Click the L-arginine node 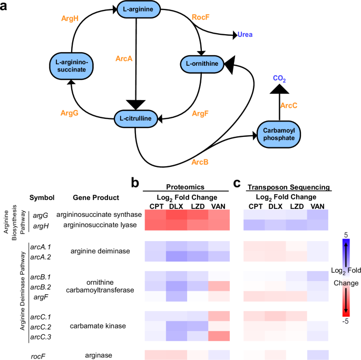click(x=138, y=10)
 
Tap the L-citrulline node click(x=135, y=119)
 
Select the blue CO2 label click(x=280, y=79)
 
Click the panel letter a click(x=5, y=7)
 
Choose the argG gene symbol click(x=41, y=215)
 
